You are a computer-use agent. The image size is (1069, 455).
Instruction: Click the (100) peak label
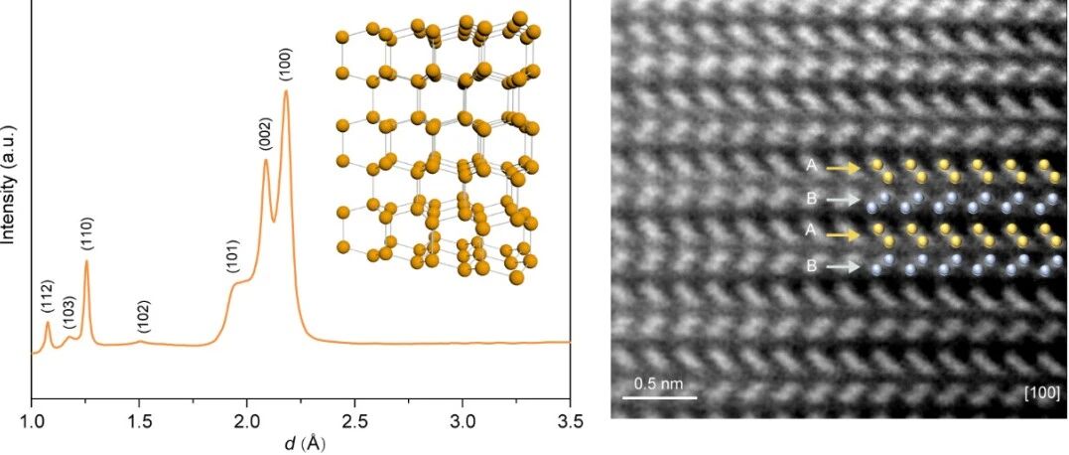pyautogui.click(x=286, y=66)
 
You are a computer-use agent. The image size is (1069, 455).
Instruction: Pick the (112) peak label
pyautogui.click(x=47, y=297)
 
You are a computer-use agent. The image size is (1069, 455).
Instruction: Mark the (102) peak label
pyautogui.click(x=143, y=317)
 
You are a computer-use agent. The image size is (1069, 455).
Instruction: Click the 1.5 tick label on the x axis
pyautogui.click(x=139, y=417)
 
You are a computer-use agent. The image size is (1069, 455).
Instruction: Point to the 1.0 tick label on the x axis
pyautogui.click(x=32, y=417)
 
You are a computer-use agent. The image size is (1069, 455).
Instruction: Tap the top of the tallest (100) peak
pyautogui.click(x=286, y=90)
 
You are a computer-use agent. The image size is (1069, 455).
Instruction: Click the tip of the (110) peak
pyautogui.click(x=86, y=260)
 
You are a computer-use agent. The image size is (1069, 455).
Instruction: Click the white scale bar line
pyautogui.click(x=660, y=396)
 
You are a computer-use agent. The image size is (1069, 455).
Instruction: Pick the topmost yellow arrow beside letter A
pyautogui.click(x=844, y=166)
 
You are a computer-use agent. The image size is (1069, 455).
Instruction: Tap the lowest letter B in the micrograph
pyautogui.click(x=811, y=266)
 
